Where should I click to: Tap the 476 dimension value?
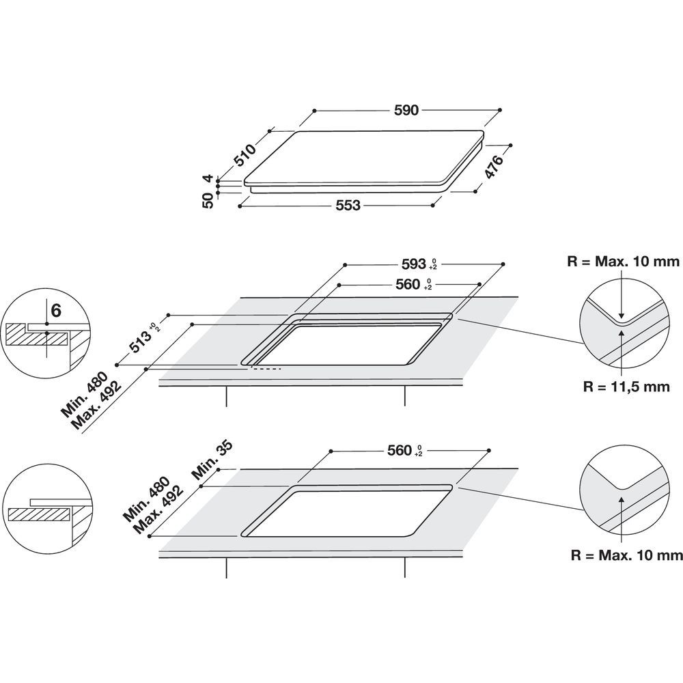coord(492,168)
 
